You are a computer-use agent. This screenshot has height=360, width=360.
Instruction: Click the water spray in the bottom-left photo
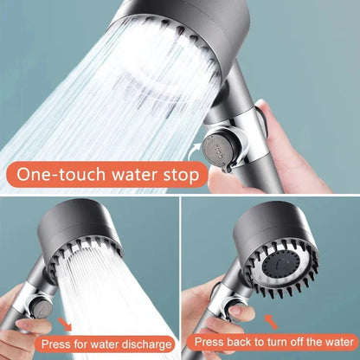click(x=121, y=286)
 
